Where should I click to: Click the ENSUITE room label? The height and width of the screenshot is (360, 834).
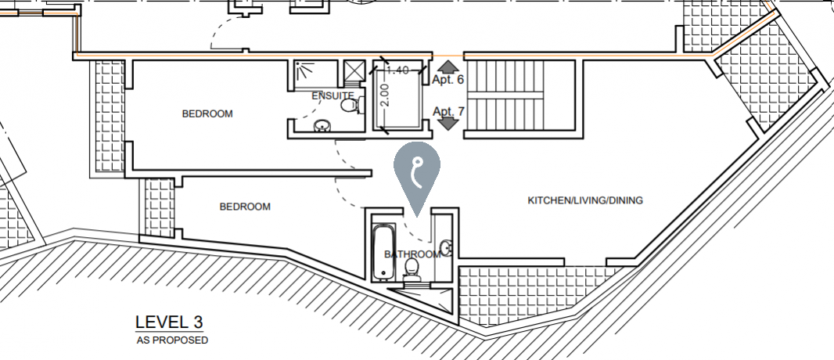click(x=333, y=95)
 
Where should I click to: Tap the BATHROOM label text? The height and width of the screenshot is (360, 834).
click(x=412, y=254)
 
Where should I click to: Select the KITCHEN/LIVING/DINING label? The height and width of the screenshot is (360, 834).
click(x=585, y=201)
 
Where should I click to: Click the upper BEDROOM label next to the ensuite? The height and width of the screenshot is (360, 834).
click(x=207, y=113)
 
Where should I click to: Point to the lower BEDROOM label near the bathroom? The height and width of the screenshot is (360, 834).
click(x=245, y=207)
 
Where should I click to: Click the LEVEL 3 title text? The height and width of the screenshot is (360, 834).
click(x=169, y=322)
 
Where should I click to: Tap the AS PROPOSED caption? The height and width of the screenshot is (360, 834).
click(x=171, y=340)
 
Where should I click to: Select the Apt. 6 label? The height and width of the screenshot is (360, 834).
click(x=448, y=80)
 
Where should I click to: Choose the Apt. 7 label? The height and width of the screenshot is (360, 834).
click(x=448, y=111)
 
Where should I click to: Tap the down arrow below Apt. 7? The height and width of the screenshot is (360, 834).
click(x=448, y=124)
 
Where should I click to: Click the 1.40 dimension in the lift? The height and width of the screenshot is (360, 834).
click(x=398, y=70)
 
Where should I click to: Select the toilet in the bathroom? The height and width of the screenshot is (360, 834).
click(x=412, y=270)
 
